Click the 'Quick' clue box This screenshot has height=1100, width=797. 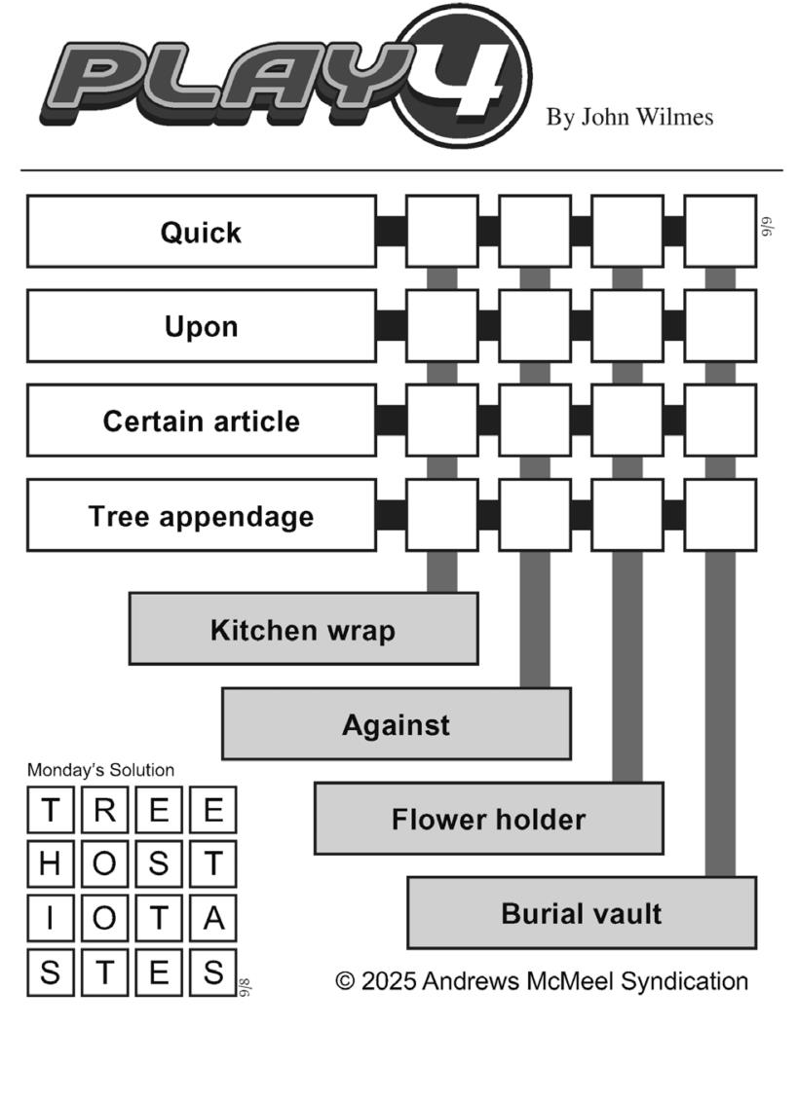pyautogui.click(x=201, y=232)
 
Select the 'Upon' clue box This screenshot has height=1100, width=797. pyautogui.click(x=201, y=326)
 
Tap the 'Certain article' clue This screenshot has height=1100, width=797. pyautogui.click(x=201, y=421)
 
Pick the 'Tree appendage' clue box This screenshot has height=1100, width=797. pyautogui.click(x=201, y=515)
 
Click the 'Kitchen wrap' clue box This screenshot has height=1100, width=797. pyautogui.click(x=303, y=629)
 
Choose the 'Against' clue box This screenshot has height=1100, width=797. pyautogui.click(x=396, y=724)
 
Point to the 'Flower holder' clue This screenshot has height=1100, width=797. pyautogui.click(x=488, y=819)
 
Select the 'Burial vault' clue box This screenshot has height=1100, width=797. pyautogui.click(x=581, y=913)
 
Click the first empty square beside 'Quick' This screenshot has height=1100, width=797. pyautogui.click(x=441, y=232)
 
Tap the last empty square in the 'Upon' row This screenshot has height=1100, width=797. pyautogui.click(x=720, y=326)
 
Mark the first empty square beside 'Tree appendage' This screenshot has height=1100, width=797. pyautogui.click(x=441, y=515)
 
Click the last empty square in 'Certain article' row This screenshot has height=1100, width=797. pyautogui.click(x=720, y=421)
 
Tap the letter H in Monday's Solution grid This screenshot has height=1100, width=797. pyautogui.click(x=51, y=863)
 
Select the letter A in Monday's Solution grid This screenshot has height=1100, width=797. pyautogui.click(x=212, y=918)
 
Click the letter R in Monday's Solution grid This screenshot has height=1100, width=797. pyautogui.click(x=104, y=810)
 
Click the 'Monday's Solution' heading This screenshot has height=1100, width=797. pyautogui.click(x=100, y=770)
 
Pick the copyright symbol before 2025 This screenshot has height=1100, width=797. pyautogui.click(x=345, y=981)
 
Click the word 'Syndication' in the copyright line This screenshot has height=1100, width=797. pyautogui.click(x=684, y=981)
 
